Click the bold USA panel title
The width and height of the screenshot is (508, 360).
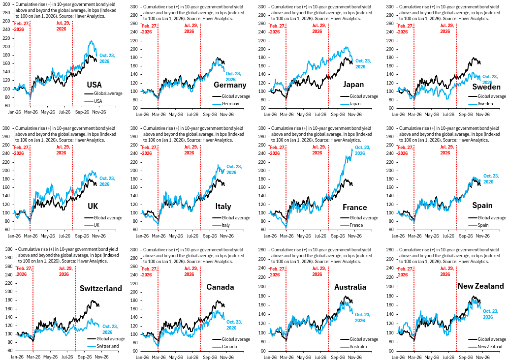(x=95, y=85)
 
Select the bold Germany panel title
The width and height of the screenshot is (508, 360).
(x=230, y=85)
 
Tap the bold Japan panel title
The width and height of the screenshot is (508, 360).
(x=353, y=85)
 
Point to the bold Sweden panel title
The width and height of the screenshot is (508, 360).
(x=486, y=87)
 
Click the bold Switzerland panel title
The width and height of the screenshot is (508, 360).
(x=101, y=289)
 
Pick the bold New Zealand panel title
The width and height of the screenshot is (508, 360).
(x=481, y=286)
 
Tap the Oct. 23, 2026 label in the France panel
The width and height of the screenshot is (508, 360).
(x=362, y=150)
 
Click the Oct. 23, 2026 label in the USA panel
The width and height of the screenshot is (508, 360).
(x=107, y=58)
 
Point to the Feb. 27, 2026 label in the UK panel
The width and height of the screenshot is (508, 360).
(x=21, y=150)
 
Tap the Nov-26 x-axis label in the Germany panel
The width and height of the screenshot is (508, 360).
(x=226, y=114)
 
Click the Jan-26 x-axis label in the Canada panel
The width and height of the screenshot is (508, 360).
(x=142, y=357)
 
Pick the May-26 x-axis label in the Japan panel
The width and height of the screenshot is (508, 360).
(x=304, y=114)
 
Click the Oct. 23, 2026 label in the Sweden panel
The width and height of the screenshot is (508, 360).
(x=490, y=80)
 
